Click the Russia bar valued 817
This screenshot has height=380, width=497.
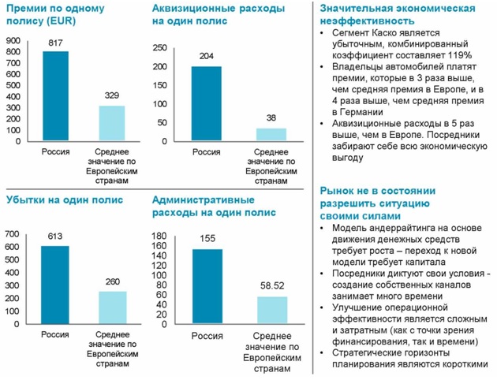point(55,98)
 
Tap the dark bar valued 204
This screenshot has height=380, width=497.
point(207,103)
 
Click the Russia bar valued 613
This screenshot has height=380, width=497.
point(55,284)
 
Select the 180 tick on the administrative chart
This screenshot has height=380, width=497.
point(158,237)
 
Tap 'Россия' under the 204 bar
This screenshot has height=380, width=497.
point(207,151)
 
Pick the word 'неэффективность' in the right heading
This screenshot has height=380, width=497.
point(367,20)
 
